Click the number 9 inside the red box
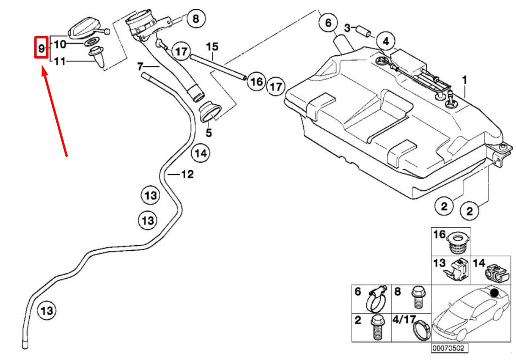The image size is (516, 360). [41, 48]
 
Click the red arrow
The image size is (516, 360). [55, 113]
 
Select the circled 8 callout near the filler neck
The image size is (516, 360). [196, 19]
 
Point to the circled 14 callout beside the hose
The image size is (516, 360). [200, 153]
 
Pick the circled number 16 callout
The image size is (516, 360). [257, 82]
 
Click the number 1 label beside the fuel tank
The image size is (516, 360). [464, 81]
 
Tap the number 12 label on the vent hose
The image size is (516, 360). [187, 174]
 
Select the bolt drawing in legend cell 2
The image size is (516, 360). [377, 328]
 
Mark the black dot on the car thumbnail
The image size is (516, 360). [494, 292]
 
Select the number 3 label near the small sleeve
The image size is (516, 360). [347, 28]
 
